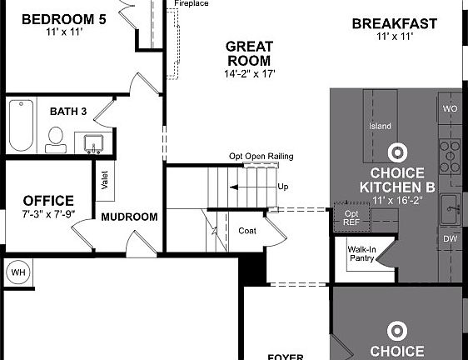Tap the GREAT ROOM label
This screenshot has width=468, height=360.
[249, 53]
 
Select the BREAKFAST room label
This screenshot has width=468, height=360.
[394, 24]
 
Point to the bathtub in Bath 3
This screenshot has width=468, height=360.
[21, 124]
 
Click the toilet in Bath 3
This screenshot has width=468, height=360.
[56, 138]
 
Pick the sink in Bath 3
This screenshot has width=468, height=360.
[93, 142]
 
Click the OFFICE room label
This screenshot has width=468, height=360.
[48, 201]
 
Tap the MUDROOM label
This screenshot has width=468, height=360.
[129, 217]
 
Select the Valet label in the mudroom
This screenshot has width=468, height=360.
[105, 180]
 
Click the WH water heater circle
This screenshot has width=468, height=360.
[17, 272]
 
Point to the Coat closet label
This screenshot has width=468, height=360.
[247, 231]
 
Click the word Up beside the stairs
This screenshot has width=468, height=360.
[283, 187]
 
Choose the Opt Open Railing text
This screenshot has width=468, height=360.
[261, 157]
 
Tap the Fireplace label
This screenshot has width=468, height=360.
[191, 4]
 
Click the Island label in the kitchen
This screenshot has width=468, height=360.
[380, 127]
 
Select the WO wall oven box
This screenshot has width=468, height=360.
[450, 109]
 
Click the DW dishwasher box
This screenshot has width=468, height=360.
[450, 238]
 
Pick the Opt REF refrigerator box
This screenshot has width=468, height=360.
[351, 217]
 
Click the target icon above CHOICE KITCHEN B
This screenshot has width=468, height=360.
[398, 152]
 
